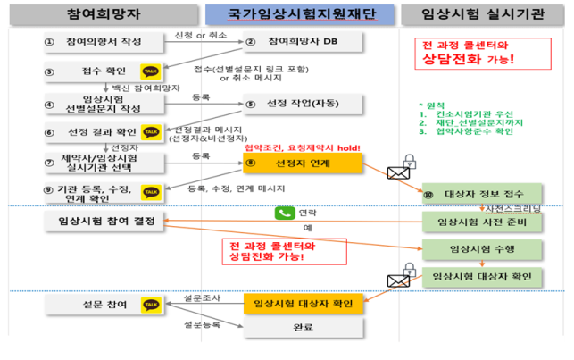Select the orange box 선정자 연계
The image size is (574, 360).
(304, 163)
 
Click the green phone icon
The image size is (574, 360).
(284, 213)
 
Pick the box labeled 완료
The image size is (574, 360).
(304, 328)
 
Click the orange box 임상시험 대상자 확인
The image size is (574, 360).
(304, 305)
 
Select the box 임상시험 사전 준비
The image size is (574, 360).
(482, 220)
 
